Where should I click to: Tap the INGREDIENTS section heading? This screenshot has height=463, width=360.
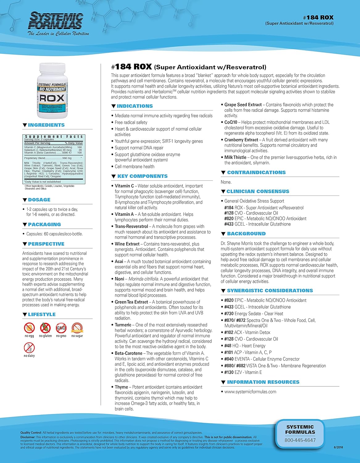click(46, 125)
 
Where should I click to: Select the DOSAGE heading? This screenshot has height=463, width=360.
click(39, 200)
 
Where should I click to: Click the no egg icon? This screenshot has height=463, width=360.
click(29, 328)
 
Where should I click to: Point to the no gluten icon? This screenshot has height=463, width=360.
click(45, 328)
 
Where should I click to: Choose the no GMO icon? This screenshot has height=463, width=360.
click(61, 328)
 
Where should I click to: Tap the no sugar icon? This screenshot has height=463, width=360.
click(77, 328)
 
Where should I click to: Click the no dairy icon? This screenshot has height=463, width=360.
click(29, 348)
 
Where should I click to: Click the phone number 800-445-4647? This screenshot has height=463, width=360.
click(300, 440)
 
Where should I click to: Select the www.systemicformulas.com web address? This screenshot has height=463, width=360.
click(250, 392)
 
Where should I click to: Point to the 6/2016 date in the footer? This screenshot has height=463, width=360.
click(338, 447)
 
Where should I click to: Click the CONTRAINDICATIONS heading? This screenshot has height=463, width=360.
click(256, 173)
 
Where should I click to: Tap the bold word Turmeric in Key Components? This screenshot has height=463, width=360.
click(123, 325)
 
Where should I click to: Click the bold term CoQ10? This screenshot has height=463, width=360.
click(231, 122)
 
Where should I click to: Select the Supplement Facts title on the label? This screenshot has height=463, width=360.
click(54, 136)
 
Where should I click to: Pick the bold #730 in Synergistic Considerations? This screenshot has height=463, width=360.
click(229, 314)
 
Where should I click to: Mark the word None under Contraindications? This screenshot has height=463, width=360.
click(226, 182)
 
